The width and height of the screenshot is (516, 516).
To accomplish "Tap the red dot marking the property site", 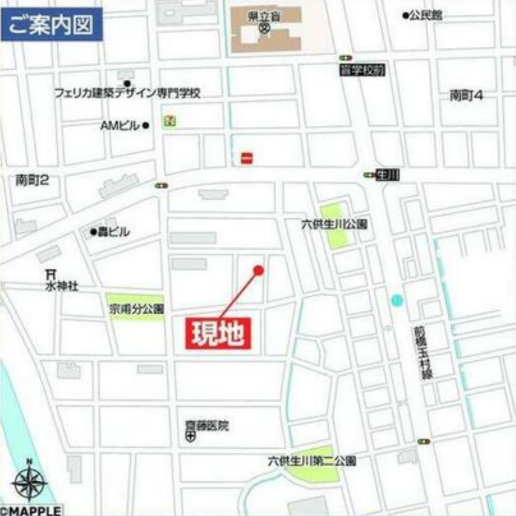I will tap(259, 270).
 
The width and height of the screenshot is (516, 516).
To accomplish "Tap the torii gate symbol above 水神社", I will tap(50, 273).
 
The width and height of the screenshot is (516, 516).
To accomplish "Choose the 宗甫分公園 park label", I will tap(136, 309).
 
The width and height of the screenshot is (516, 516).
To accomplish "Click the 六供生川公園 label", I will tap(335, 225).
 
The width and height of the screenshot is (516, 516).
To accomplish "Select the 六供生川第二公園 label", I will tap(311, 461).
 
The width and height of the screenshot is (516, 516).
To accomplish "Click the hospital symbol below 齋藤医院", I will tap(191, 437).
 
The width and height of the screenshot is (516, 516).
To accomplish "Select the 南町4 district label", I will tap(466, 95).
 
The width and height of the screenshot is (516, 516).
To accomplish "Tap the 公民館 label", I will tap(427, 15).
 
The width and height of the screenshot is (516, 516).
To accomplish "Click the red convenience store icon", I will tap(247, 158).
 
